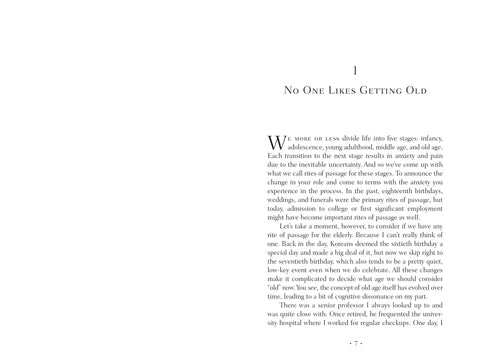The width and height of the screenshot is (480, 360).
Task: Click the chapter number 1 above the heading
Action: pos(357,69)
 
